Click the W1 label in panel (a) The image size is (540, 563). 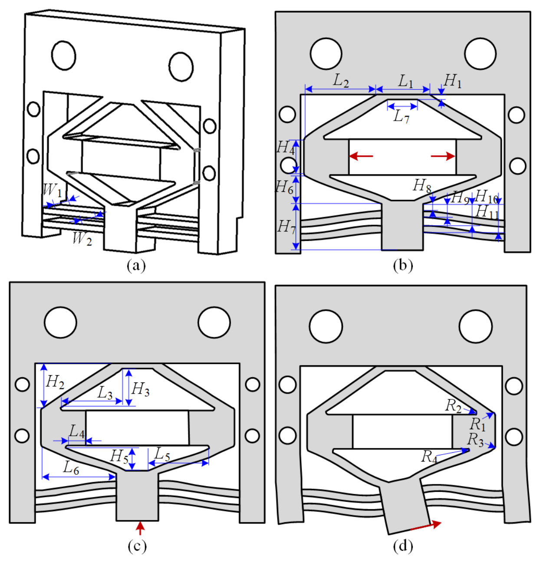[53, 190]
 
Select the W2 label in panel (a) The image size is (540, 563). [82, 239]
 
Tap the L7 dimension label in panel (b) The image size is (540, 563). [402, 117]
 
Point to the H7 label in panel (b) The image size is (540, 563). [286, 227]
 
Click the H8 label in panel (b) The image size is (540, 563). [422, 186]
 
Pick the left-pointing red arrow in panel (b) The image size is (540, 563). [361, 156]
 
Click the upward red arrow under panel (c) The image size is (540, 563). [140, 528]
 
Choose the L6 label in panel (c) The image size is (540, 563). [71, 468]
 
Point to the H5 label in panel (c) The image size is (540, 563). [119, 457]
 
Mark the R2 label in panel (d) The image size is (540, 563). [453, 406]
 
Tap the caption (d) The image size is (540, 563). [403, 546]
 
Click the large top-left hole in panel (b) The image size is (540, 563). [326, 54]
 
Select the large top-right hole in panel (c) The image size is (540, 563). [214, 322]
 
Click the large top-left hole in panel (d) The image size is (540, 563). [326, 326]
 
